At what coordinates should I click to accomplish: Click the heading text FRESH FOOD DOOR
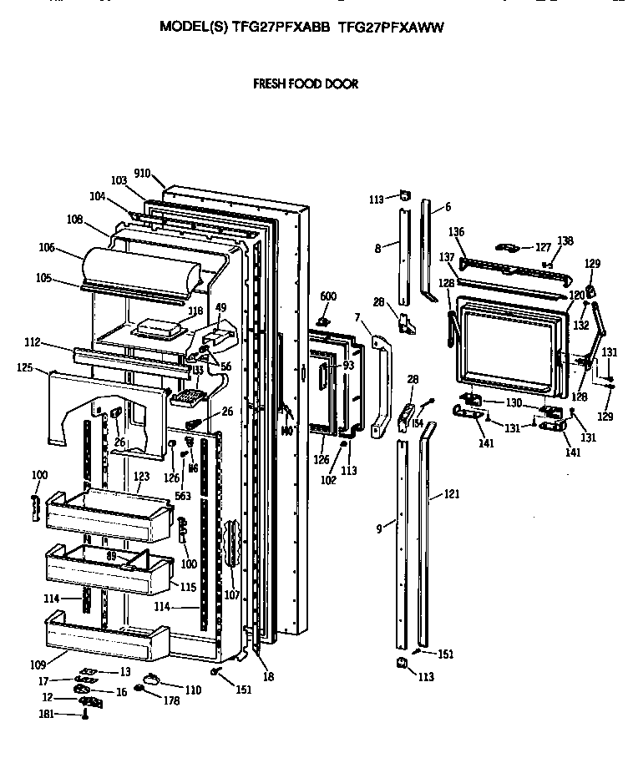pos(306,84)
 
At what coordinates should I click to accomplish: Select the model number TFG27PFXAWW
pos(391,27)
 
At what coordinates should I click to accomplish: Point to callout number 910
pos(141,174)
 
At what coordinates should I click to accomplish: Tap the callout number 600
pos(328,296)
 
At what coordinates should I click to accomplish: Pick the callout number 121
pos(452,495)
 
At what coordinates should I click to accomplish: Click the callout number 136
pos(456,231)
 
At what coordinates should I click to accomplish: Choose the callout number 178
pos(172,700)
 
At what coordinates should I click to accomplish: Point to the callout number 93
pos(348,365)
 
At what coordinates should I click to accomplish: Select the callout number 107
pos(230,594)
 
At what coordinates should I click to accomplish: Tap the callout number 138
pos(566,240)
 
